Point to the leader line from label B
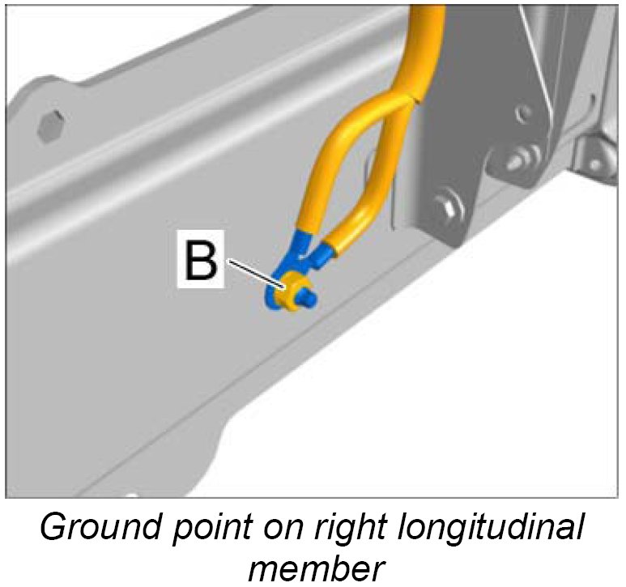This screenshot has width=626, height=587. point(255,271)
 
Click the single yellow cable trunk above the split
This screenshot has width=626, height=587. point(425,49)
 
